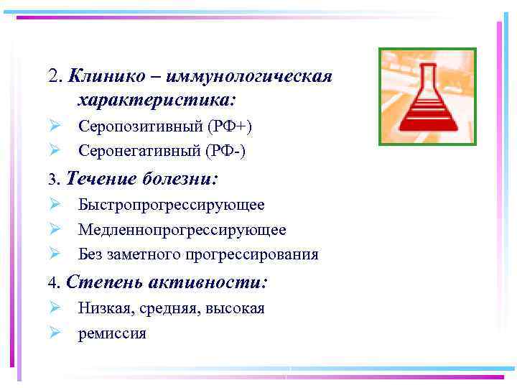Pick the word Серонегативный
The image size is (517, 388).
pos(139,151)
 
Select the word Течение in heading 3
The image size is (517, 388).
pos(100,178)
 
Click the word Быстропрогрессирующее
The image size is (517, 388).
pos(172,205)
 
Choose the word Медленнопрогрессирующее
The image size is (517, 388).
pos(182,230)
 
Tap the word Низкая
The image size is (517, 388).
pos(103,309)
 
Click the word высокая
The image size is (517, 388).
pos(235,309)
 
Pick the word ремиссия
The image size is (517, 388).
pos(112,333)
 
